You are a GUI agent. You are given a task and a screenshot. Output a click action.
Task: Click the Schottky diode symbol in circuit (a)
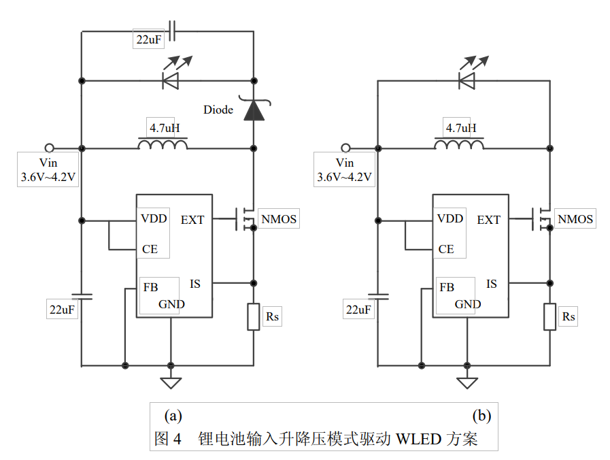pyautogui.click(x=254, y=110)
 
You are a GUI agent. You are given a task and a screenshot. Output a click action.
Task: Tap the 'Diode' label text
pyautogui.click(x=218, y=110)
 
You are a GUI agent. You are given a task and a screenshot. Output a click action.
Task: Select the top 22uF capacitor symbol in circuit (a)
pyautogui.click(x=171, y=31)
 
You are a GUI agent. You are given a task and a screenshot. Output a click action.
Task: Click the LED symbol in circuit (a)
pyautogui.click(x=170, y=80)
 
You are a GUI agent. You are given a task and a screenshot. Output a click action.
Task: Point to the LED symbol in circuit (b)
pyautogui.click(x=467, y=80)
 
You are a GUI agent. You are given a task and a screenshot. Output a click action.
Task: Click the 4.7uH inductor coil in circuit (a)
pyautogui.click(x=163, y=145)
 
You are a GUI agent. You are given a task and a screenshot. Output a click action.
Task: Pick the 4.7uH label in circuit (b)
pyautogui.click(x=460, y=128)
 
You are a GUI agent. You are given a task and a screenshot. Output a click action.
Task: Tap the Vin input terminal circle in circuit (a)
pyautogui.click(x=49, y=148)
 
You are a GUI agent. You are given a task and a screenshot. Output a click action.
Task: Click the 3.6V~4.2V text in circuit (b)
pyautogui.click(x=345, y=178)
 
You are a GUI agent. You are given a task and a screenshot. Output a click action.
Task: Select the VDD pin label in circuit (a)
pyautogui.click(x=154, y=219)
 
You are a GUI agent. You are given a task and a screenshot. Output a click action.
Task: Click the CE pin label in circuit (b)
pyautogui.click(x=446, y=249)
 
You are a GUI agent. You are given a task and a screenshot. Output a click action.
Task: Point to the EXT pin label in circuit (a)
pyautogui.click(x=192, y=220)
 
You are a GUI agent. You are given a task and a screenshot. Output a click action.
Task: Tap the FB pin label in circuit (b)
pyautogui.click(x=446, y=287)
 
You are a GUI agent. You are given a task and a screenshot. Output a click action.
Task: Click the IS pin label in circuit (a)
pyautogui.click(x=195, y=284)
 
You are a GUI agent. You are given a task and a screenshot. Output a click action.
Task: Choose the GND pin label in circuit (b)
pyautogui.click(x=468, y=304)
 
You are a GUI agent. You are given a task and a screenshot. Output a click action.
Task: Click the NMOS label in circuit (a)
pyautogui.click(x=279, y=219)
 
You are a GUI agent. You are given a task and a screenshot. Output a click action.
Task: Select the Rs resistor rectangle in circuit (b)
pyautogui.click(x=549, y=317)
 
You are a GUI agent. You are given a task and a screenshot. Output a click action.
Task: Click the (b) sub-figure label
pyautogui.click(x=481, y=415)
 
